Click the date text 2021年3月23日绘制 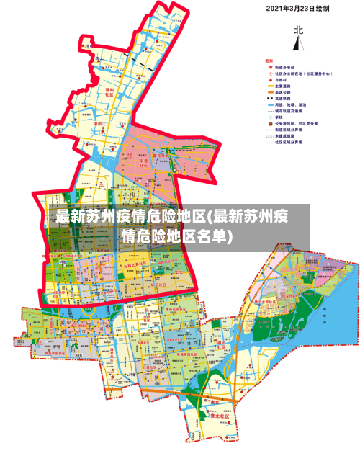(297, 9)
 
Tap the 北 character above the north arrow (297, 30)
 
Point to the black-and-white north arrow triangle (297, 43)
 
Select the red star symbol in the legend (270, 67)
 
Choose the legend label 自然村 (282, 79)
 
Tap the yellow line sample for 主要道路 (270, 86)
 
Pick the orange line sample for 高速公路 (270, 92)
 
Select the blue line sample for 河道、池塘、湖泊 (270, 105)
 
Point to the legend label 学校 (281, 117)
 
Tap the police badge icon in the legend (270, 124)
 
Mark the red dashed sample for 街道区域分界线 (270, 130)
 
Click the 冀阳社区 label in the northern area (109, 92)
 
